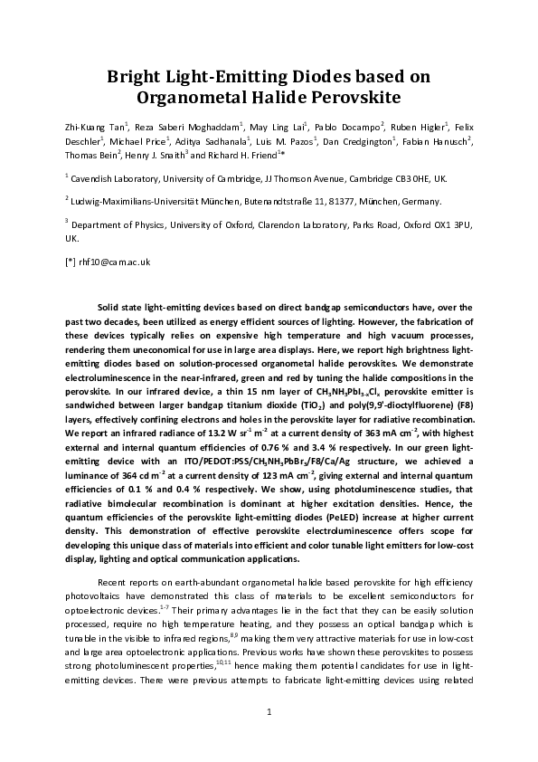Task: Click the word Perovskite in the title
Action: click(x=351, y=94)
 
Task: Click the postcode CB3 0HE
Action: click(x=444, y=179)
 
